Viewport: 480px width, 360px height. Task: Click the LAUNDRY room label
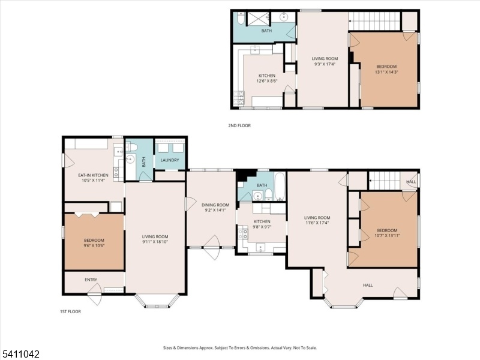[170, 160]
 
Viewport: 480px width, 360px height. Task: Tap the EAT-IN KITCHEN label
[93, 175]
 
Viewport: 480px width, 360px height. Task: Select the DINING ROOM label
[215, 205]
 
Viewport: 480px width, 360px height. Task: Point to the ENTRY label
[91, 280]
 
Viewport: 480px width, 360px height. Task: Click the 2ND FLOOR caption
[239, 125]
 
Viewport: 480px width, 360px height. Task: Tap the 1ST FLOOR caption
[70, 311]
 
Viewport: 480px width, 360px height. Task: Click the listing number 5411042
[20, 354]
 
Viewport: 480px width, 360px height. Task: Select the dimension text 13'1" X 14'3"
[386, 72]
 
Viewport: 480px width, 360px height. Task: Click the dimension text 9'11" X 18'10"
[155, 242]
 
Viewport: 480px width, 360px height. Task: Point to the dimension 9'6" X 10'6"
[94, 245]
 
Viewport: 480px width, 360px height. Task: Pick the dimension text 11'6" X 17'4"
[317, 223]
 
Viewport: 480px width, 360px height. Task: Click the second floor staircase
[374, 21]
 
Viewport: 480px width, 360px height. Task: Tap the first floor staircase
[385, 181]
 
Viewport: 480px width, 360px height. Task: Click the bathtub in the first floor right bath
[280, 187]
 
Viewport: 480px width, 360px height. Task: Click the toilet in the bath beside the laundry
[132, 147]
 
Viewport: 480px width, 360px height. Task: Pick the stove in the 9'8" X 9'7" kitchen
[243, 235]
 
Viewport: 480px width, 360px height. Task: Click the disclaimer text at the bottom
[240, 348]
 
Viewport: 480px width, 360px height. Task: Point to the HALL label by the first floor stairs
[411, 182]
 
